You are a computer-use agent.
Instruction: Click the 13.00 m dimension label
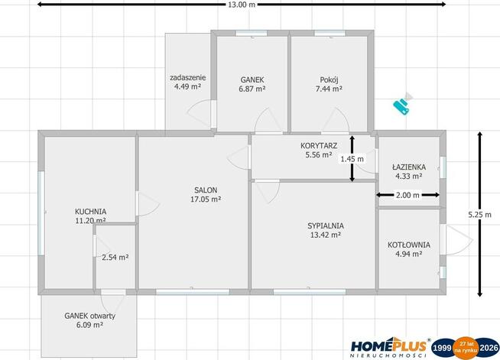point(242,5)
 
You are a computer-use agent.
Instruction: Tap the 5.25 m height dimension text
point(479,215)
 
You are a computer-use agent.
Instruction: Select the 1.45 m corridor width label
point(352,159)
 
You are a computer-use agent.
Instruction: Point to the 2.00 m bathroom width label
point(407,195)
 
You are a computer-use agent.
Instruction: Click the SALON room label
point(206,190)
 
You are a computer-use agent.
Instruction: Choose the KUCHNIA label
point(90,212)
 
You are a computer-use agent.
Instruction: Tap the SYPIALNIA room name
point(326,225)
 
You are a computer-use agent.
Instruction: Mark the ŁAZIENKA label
point(409,167)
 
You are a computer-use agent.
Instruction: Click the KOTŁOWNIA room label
point(409,245)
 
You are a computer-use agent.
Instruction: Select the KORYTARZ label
point(319,146)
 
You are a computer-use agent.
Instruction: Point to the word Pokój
point(329,79)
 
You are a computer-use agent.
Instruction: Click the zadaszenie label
point(187,77)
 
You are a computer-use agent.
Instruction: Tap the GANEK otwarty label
point(89,316)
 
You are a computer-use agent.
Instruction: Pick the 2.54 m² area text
point(115,257)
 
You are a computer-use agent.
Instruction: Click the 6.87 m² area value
point(252,89)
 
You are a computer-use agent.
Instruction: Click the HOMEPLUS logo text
point(388,346)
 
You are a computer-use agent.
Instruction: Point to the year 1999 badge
point(443,348)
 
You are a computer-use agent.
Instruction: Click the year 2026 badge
point(489,348)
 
